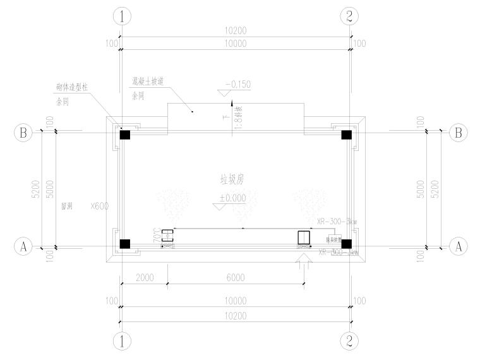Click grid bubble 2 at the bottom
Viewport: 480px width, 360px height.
coord(349,340)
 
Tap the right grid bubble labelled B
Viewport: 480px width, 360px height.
coord(457,133)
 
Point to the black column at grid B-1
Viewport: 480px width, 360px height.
coord(125,135)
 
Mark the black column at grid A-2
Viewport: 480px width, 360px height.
coord(346,244)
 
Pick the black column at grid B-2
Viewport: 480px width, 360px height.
coord(346,135)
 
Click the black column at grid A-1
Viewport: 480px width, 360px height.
coord(125,244)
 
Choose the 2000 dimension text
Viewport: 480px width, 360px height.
coord(144,278)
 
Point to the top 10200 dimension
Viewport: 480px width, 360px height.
coord(235,31)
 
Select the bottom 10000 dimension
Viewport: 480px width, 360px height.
coord(235,301)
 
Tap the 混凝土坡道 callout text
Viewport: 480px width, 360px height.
coord(147,81)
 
